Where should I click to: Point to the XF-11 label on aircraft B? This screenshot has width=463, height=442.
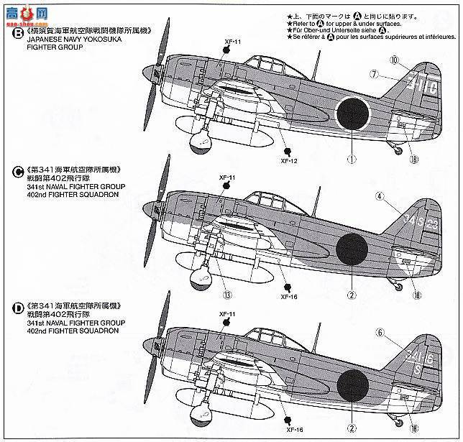click(231, 43)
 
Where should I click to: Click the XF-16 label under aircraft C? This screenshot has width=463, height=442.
click(288, 295)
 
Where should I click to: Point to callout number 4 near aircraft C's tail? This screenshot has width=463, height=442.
click(380, 195)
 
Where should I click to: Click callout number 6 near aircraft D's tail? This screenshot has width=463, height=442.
click(381, 332)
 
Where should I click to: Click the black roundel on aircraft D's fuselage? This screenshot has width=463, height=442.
click(354, 388)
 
